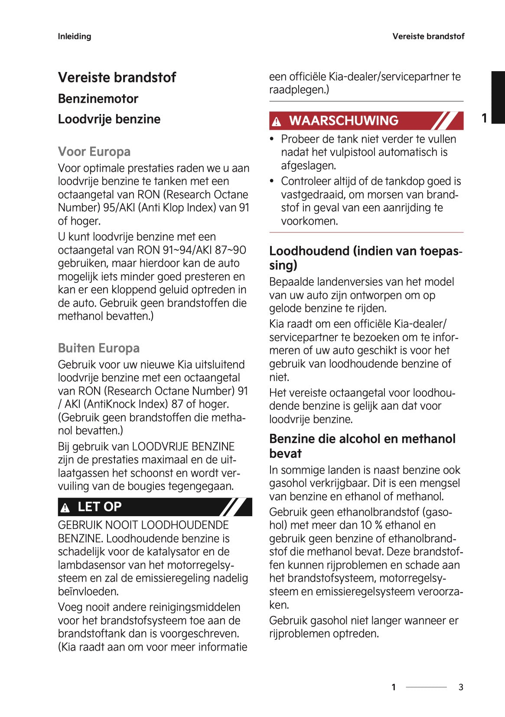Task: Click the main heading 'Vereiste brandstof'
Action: pos(117,78)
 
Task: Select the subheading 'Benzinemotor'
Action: pos(98,99)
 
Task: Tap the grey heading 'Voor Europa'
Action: pos(94,152)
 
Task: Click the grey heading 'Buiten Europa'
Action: pos(99,348)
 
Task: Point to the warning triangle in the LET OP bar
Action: pos(65,507)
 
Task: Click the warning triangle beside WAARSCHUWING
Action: pos(277,122)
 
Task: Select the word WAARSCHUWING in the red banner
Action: pos(344,121)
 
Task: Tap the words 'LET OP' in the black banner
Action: pos(100,507)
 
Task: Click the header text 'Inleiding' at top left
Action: pos(75,36)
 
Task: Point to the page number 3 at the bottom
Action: pos(461,687)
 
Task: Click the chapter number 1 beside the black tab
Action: pos(484,118)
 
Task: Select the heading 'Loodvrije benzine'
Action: pos(109,119)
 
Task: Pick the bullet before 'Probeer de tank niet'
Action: pos(272,139)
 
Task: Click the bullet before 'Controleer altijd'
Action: pos(272,181)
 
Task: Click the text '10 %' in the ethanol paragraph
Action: pos(371,525)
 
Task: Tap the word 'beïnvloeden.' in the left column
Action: pos(88,592)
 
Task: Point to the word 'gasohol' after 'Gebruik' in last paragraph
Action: pos(329,621)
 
